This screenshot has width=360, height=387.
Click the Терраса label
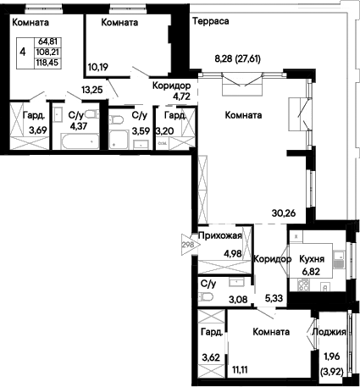[x=210, y=21]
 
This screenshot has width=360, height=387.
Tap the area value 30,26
[x=284, y=213]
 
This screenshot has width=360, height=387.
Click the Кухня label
[x=312, y=259]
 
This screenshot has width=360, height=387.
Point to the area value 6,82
[x=311, y=272]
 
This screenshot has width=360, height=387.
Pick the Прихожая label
[x=220, y=235]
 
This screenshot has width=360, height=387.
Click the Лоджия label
[x=329, y=332]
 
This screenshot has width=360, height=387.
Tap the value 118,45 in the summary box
[x=47, y=63]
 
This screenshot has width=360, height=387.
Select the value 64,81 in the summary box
[x=47, y=41]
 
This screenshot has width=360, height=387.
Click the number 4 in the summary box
[x=23, y=53]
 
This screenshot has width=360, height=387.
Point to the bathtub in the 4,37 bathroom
[x=80, y=141]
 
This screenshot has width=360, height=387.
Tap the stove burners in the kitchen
[x=303, y=285]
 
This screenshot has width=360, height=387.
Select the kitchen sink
[x=338, y=260]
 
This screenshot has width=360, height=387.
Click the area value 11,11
[x=240, y=369]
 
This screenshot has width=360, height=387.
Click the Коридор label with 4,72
[x=172, y=86]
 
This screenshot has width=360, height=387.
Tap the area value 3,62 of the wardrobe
[x=211, y=357]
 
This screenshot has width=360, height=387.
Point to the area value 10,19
[x=98, y=67]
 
